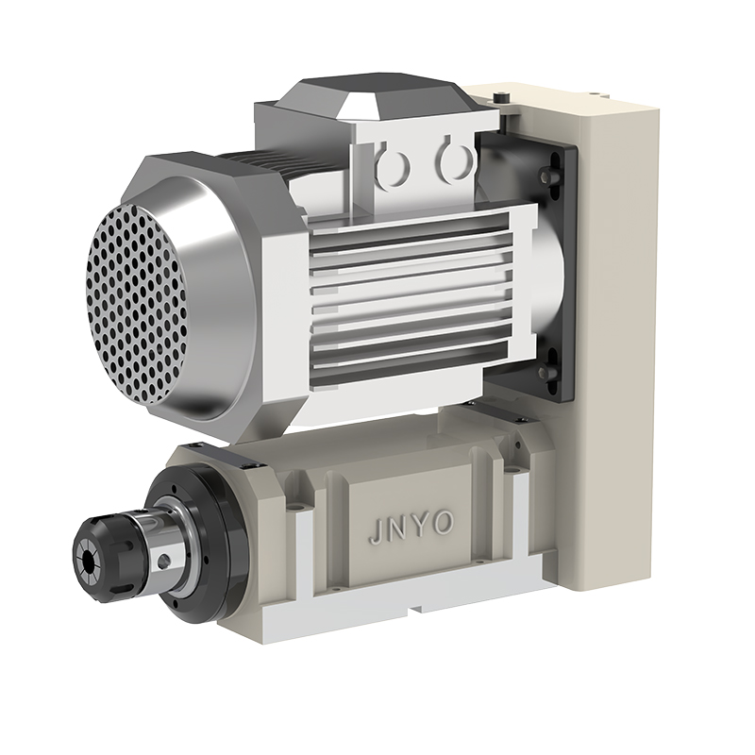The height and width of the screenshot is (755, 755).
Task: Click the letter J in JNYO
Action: [376, 533]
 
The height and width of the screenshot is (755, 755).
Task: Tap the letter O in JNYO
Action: [443, 524]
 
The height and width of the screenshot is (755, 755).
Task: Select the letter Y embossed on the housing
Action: [418, 527]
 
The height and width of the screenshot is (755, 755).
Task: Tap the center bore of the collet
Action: [89, 560]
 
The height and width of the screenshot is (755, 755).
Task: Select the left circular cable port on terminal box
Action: [394, 164]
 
